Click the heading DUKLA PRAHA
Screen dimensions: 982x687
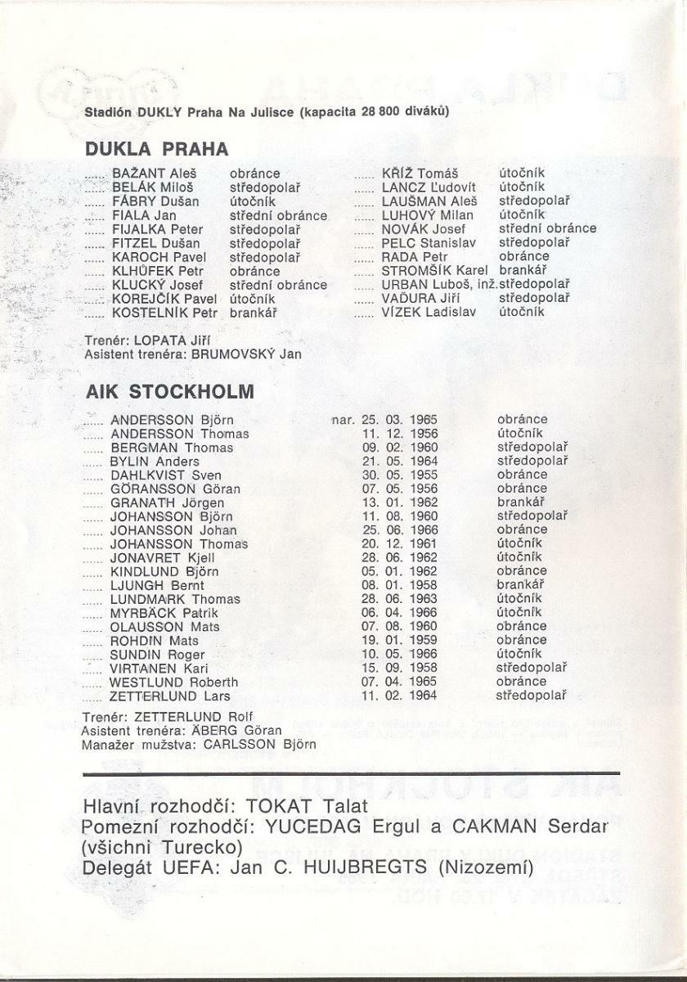click(x=157, y=150)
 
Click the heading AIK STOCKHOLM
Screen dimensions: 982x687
click(x=170, y=391)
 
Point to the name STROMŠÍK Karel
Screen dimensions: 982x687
click(x=434, y=270)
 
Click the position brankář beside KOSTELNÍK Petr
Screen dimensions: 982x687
click(x=254, y=312)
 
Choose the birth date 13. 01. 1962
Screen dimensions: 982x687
click(x=399, y=502)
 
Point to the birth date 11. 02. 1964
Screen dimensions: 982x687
click(x=399, y=696)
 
